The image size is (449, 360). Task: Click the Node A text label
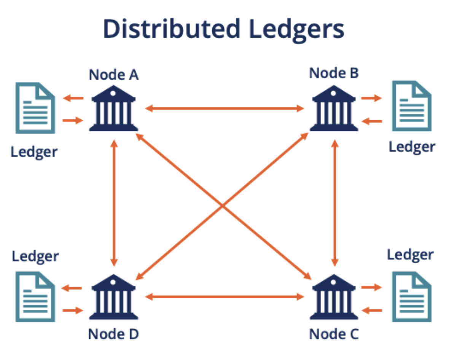[113, 75]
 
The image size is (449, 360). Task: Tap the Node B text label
[334, 73]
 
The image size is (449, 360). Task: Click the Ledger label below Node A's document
[34, 151]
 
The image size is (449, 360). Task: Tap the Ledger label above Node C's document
[410, 255]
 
